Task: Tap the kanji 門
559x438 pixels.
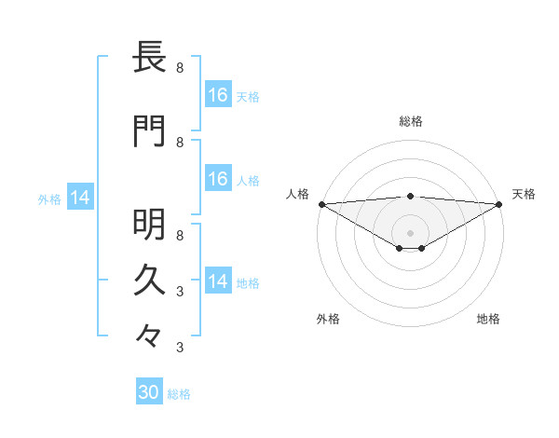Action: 149,132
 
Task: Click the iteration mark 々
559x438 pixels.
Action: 149,334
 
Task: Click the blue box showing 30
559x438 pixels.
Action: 149,392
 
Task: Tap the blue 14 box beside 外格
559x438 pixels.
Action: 80,198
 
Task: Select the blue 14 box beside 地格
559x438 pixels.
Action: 217,281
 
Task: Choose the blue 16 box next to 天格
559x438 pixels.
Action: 217,94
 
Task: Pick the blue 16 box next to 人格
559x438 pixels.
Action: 217,179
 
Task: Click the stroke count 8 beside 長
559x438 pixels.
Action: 180,68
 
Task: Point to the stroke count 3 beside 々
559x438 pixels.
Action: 180,348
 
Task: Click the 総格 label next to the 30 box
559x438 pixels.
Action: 179,394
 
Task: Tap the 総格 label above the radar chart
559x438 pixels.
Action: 411,121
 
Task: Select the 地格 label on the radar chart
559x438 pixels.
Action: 488,319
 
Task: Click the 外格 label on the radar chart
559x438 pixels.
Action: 328,319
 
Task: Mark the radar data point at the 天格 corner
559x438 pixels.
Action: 500,204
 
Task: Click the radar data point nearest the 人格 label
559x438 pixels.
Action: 321,204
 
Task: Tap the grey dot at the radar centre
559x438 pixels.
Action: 411,232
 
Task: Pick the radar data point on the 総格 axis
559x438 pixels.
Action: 411,197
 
